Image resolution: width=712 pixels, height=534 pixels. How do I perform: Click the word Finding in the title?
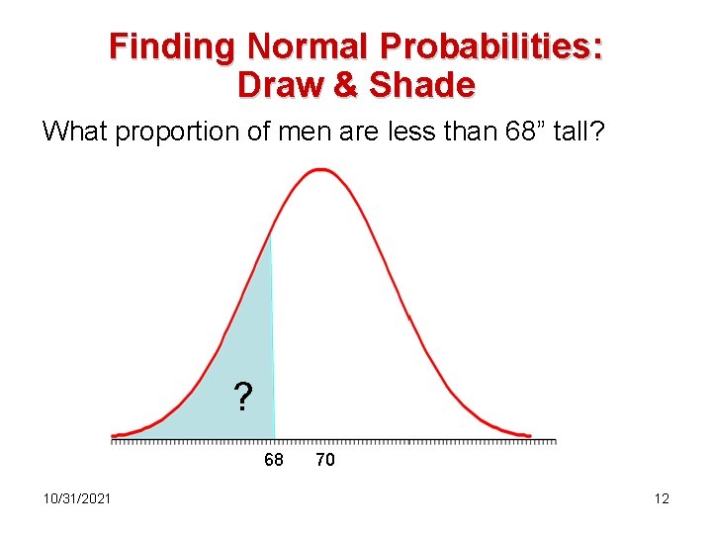click(173, 46)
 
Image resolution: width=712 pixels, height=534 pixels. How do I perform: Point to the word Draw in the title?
click(281, 85)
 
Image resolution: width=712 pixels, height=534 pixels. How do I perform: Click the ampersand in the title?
click(347, 85)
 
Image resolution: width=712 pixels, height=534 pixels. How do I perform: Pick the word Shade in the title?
click(421, 85)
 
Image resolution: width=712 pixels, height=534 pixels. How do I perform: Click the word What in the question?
click(75, 131)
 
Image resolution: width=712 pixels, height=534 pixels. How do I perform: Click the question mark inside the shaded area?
click(242, 398)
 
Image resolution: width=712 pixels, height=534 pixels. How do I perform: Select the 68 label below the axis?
click(274, 460)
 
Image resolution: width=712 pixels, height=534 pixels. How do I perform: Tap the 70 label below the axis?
click(324, 460)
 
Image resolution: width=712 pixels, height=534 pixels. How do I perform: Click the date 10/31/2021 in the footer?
click(77, 497)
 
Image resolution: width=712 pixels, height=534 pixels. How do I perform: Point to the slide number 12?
click(662, 498)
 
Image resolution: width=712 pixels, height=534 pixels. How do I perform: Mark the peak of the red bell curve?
click(320, 170)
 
